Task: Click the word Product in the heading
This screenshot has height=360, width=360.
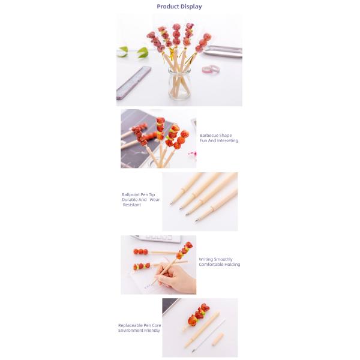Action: coord(168,7)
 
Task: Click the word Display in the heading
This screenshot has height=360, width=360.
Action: coord(191,7)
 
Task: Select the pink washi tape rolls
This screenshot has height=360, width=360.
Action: coord(213,69)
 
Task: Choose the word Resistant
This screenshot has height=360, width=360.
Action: coord(133,205)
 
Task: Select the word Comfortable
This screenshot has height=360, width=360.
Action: coord(212,265)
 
